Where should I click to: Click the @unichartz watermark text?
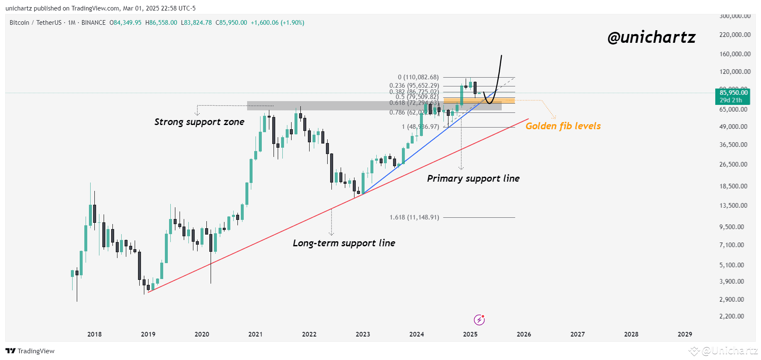[x=651, y=38]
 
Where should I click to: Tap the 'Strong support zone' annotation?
[x=199, y=122]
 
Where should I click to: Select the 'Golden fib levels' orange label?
[x=563, y=126]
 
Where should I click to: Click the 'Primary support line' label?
[x=473, y=179]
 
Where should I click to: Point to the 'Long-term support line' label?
[x=344, y=243]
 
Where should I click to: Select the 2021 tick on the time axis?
[x=255, y=334]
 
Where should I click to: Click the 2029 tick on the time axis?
[x=685, y=334]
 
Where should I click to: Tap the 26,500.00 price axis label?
[x=733, y=164]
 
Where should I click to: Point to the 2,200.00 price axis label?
[x=732, y=316]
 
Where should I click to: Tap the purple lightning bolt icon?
[x=479, y=320]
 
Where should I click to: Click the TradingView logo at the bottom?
[x=30, y=351]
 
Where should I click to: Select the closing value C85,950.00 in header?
[x=231, y=23]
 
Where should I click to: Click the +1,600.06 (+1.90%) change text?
[x=277, y=23]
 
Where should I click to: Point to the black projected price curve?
[x=498, y=76]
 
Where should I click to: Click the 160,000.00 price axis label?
[x=735, y=54]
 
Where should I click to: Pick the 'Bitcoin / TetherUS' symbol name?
[x=36, y=23]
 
